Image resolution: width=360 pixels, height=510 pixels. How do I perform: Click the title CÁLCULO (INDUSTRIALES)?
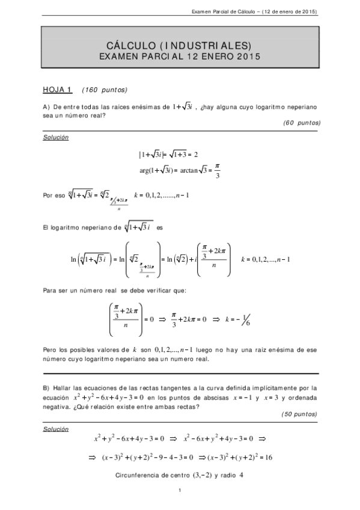click(x=179, y=46)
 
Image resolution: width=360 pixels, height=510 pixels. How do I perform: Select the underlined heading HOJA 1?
click(x=57, y=90)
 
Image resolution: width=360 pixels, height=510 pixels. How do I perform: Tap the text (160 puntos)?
click(x=104, y=90)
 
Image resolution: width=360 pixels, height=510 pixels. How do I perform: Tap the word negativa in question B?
click(x=58, y=405)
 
